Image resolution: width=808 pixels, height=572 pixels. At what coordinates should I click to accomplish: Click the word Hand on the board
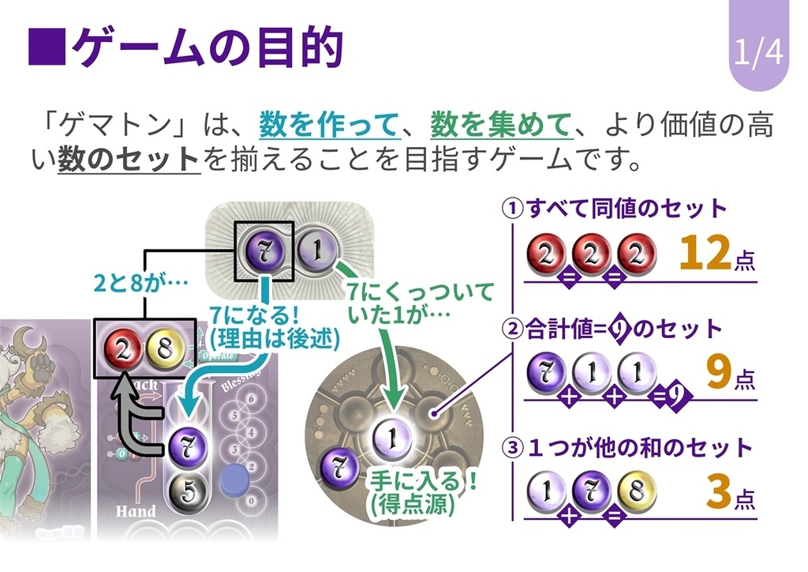point(136,511)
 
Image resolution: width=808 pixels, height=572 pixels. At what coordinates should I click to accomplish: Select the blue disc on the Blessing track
point(236,480)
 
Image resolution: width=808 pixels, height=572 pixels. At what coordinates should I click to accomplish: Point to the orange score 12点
point(715,254)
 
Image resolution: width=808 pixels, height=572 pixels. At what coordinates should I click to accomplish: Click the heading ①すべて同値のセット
point(615,209)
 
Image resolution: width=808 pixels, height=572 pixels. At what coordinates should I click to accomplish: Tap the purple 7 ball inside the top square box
point(265,250)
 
